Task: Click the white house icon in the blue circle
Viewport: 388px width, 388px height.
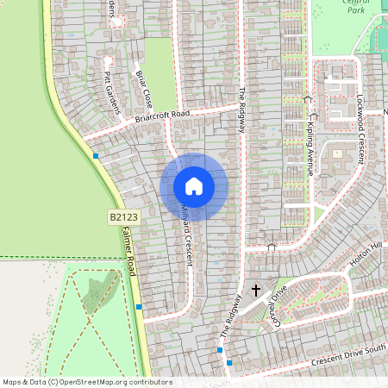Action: [194, 186]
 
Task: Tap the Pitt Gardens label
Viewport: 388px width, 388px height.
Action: [110, 78]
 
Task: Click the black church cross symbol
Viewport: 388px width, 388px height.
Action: [255, 291]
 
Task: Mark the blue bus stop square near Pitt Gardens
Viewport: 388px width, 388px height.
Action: [96, 155]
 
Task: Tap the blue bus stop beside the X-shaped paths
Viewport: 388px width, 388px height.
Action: [138, 306]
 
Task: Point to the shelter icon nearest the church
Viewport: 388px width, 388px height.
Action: [272, 247]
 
